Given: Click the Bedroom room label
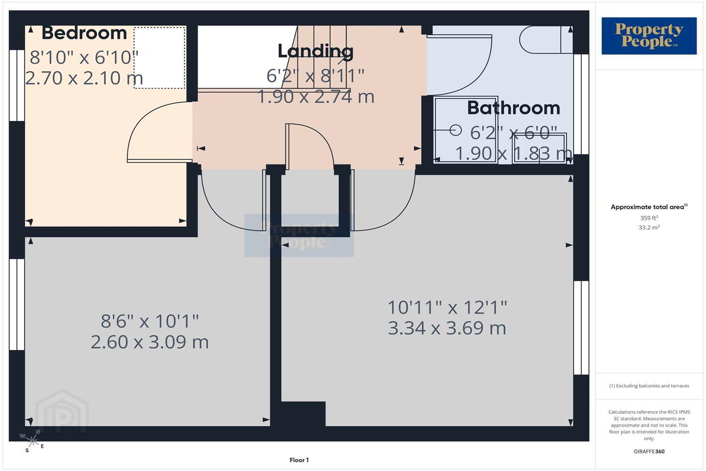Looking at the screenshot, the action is (x=84, y=33).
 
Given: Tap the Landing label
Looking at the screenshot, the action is (x=315, y=51).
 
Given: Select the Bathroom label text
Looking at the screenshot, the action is (x=513, y=108).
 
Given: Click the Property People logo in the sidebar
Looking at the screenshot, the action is (x=649, y=36).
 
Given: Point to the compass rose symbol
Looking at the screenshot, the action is (x=32, y=440).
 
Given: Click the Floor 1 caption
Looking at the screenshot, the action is (x=299, y=460).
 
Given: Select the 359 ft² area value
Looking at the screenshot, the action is (x=649, y=218).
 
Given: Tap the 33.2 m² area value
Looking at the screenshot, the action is (x=649, y=227).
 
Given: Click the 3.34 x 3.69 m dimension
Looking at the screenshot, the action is (x=447, y=328).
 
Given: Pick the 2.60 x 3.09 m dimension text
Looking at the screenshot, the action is (x=150, y=342).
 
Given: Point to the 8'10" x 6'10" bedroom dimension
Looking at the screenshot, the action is (x=84, y=57).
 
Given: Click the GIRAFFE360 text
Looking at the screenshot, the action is (x=649, y=451).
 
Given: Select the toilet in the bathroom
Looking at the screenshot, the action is (x=546, y=40).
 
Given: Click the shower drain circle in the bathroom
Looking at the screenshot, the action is (x=456, y=130).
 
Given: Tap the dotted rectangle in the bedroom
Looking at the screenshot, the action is (x=160, y=58).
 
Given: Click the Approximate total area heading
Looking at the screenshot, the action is (x=649, y=207).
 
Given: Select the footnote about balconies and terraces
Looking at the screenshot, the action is (x=649, y=386).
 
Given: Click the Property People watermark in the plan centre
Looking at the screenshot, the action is (x=299, y=235).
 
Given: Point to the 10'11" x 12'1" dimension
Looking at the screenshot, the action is (x=447, y=308).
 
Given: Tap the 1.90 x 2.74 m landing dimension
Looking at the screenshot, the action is (x=316, y=97).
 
